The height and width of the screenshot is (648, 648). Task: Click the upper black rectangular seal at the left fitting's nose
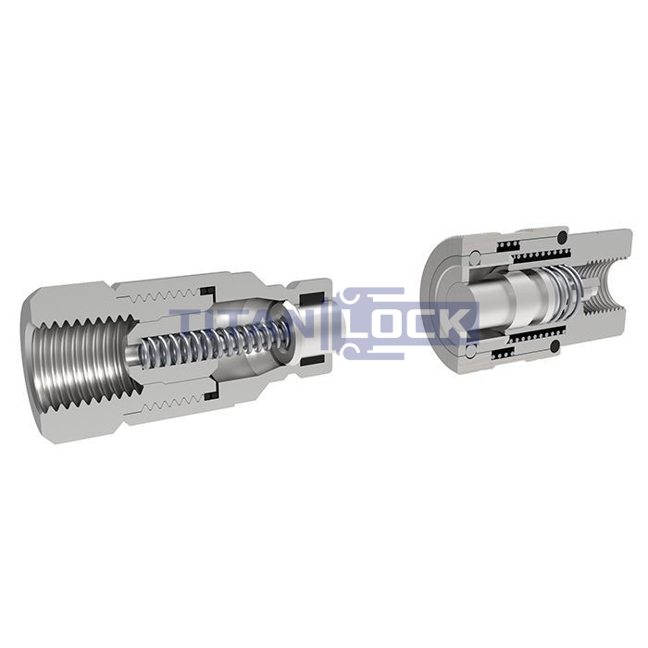click(x=311, y=299)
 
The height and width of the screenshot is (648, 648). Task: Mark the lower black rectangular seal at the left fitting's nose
click(x=312, y=361)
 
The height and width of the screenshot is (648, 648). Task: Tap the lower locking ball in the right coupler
click(x=470, y=351)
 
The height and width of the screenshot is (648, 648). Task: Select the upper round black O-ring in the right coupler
click(x=563, y=237)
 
